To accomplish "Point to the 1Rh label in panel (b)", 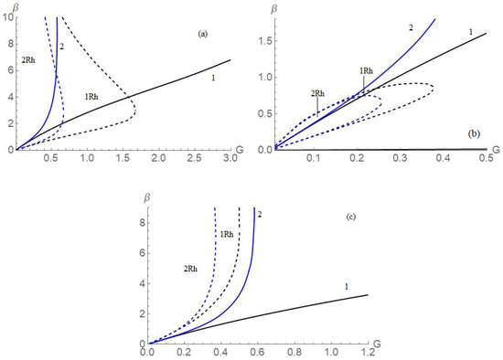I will [x=365, y=70].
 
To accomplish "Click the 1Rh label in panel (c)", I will [x=226, y=234].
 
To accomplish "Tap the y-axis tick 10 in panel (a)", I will [x=8, y=17].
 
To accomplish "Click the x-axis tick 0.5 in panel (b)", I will [x=485, y=160].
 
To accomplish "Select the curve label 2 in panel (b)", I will [x=412, y=28].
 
